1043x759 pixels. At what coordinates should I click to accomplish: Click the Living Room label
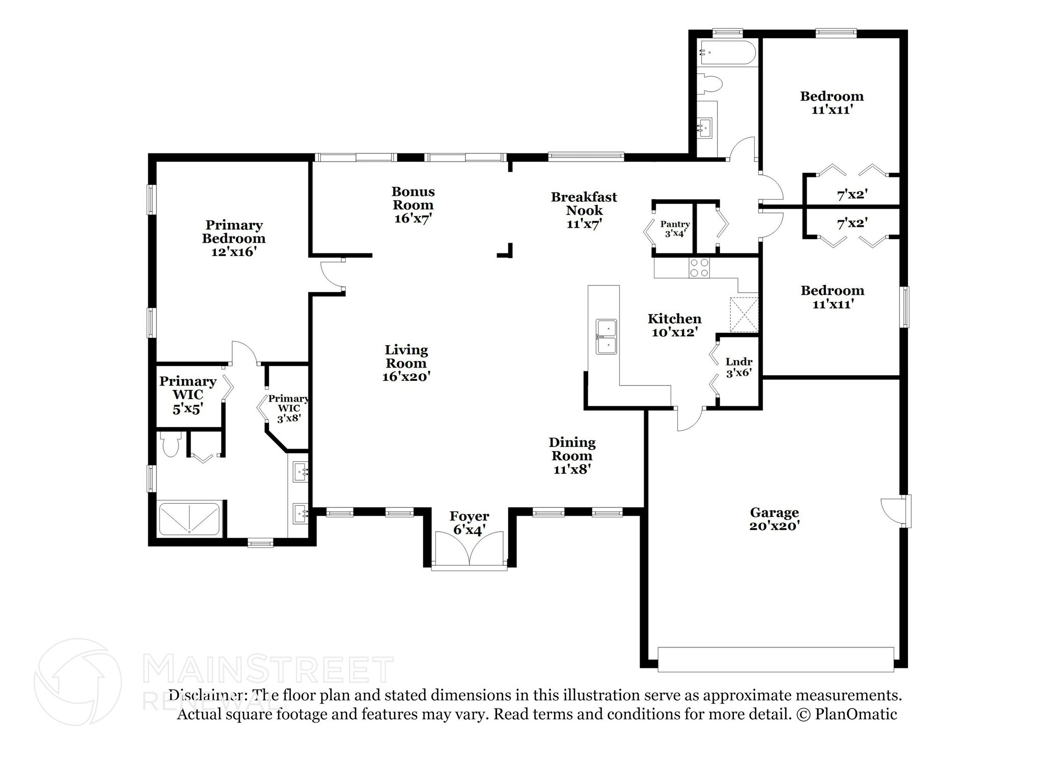point(406,363)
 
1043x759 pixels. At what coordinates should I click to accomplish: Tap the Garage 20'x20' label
point(774,519)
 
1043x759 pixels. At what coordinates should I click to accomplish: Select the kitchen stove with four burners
point(699,268)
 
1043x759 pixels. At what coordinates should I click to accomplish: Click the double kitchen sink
point(607,336)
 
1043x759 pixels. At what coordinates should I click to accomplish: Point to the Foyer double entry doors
point(470,548)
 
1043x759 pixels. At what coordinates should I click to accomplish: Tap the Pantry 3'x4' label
point(675,229)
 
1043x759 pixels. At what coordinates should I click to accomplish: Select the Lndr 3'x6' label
point(739,367)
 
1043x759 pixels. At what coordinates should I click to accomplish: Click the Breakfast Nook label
point(584,210)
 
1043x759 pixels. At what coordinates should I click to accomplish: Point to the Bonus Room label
point(413,205)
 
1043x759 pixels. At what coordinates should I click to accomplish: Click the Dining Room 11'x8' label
point(572,456)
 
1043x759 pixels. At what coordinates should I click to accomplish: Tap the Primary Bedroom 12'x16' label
point(234,238)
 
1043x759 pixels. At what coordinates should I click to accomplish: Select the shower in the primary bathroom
point(189,518)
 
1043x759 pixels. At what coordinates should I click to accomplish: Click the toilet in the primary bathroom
point(170,444)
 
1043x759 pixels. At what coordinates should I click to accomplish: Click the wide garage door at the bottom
point(776,660)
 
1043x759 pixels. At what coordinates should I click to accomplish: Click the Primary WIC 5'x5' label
point(188,395)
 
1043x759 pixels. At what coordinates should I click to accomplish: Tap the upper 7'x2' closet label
point(853,194)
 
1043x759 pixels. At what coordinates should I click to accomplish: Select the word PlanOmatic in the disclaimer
point(856,714)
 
